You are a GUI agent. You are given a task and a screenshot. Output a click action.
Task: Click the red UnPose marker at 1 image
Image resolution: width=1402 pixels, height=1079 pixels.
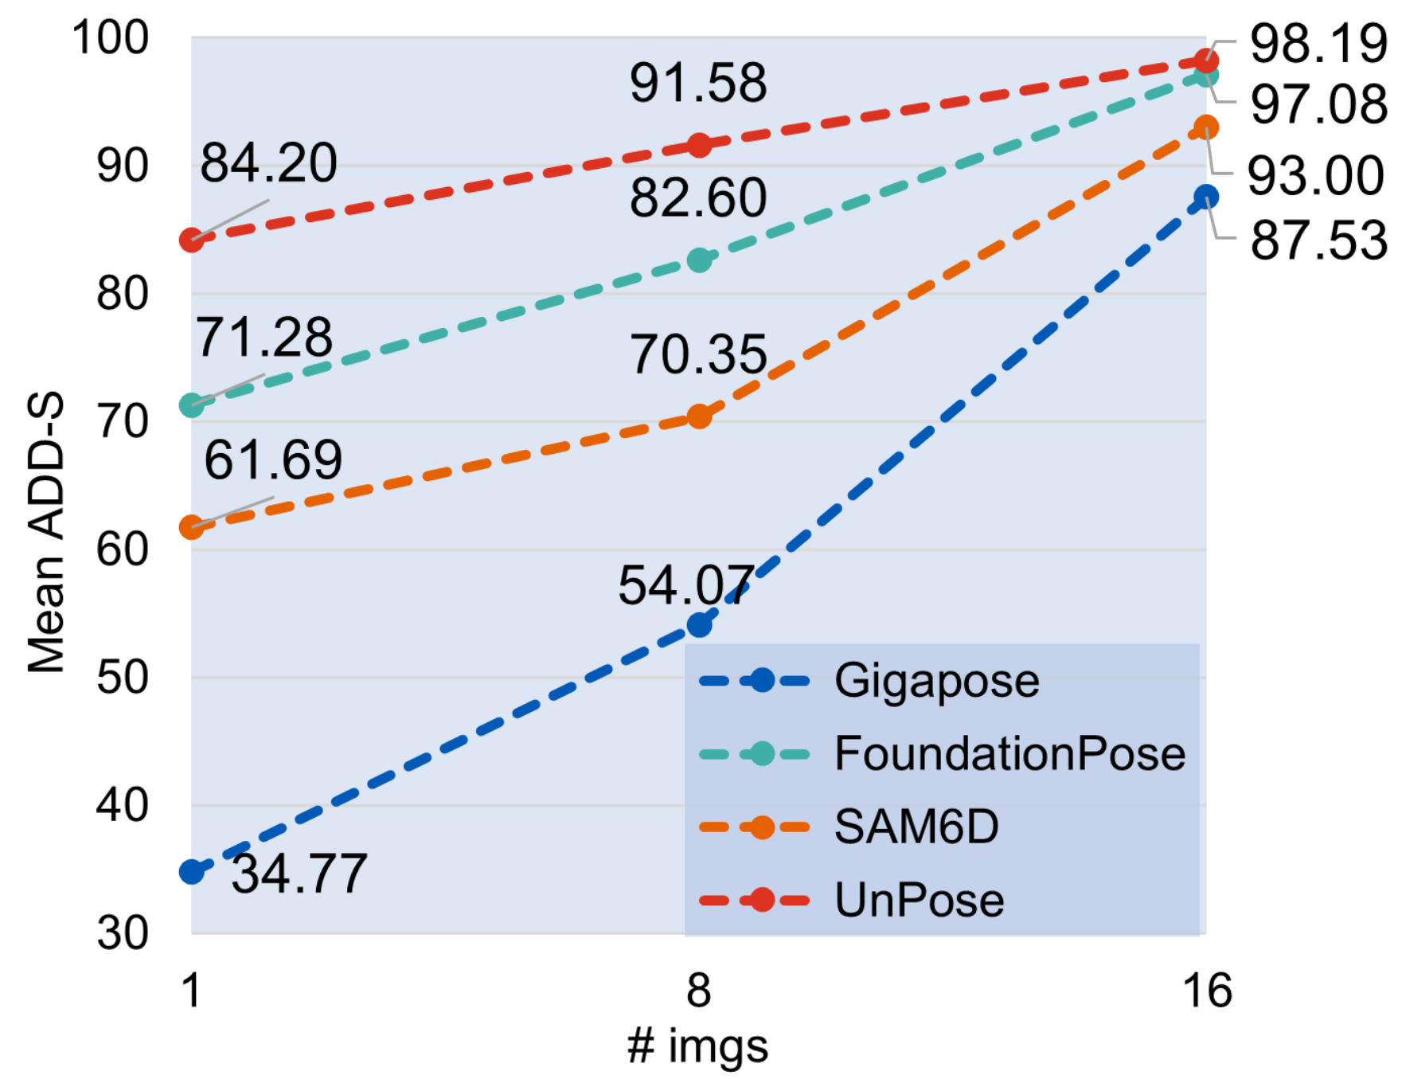click(191, 240)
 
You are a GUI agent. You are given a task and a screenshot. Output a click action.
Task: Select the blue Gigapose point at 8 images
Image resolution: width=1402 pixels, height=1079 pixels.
click(699, 625)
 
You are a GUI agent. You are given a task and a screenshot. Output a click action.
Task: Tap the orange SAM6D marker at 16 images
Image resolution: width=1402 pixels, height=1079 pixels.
click(1207, 127)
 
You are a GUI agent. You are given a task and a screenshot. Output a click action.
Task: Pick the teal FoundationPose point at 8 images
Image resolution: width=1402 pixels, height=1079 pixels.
click(699, 260)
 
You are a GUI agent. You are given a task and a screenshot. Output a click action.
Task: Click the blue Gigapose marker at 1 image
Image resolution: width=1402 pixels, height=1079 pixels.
click(191, 872)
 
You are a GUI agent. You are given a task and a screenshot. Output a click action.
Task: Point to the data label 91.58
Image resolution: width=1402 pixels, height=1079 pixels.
click(698, 83)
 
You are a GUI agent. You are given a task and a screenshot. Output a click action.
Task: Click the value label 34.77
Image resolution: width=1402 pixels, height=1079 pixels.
click(299, 874)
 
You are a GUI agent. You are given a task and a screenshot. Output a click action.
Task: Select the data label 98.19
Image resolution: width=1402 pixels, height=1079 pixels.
click(1318, 44)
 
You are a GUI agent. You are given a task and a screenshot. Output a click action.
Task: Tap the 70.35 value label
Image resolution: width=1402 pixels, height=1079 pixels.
click(698, 354)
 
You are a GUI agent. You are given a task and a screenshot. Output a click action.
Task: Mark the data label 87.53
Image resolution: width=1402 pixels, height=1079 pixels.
click(1318, 240)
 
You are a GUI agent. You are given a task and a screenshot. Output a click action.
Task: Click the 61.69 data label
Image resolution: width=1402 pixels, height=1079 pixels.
click(273, 460)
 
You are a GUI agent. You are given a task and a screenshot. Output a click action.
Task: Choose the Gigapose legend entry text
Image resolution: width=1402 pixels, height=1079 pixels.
click(936, 681)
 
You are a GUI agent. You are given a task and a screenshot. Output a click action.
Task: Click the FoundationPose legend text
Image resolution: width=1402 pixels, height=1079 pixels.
click(1010, 753)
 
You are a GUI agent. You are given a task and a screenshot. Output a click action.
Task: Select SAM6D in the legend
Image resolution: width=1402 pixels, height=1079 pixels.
click(916, 827)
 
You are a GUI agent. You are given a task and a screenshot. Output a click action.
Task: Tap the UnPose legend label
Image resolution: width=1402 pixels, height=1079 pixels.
click(919, 900)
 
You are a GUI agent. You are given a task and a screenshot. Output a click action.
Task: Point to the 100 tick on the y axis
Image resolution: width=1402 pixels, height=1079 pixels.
click(110, 37)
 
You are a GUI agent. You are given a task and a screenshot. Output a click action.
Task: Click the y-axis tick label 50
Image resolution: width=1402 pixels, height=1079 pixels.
click(122, 678)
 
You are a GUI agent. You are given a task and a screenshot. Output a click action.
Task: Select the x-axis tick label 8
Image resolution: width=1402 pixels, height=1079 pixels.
click(698, 991)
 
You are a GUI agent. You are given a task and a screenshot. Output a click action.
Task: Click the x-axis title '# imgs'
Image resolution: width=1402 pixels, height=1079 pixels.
click(698, 1046)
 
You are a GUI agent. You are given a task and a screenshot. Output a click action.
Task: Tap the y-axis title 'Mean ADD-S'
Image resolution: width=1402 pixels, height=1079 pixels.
click(45, 534)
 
